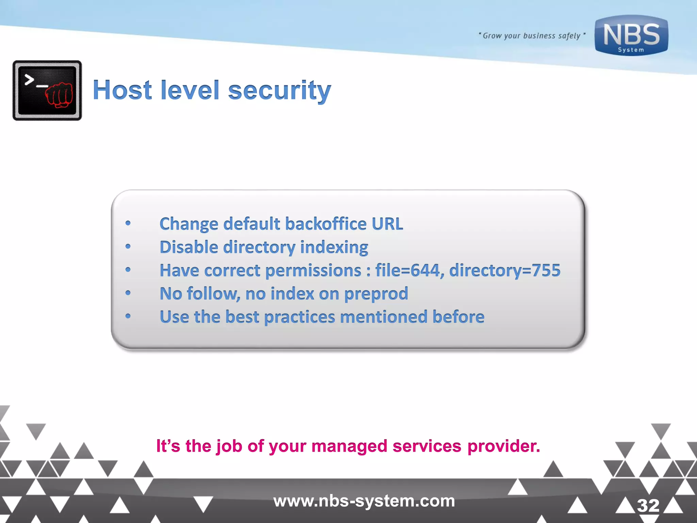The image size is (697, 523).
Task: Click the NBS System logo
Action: pos(631,36)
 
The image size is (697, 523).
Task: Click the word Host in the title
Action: pos(122,90)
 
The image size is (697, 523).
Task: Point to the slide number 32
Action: pos(648,505)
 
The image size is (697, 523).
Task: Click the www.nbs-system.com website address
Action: pos(364,501)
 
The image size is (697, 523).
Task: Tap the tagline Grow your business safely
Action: pos(532,36)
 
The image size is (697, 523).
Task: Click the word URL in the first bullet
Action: pos(387,224)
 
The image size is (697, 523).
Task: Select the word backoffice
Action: pos(326,224)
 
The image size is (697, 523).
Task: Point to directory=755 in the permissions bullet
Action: pos(505,271)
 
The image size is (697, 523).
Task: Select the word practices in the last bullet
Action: pos(299,317)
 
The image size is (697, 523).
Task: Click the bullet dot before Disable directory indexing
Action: pos(128,247)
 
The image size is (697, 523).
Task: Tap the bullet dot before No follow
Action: pos(128,293)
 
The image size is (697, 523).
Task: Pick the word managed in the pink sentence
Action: pos(349,446)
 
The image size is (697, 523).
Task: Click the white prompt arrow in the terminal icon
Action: pos(29,80)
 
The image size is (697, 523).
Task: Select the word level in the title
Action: pos(190,90)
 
